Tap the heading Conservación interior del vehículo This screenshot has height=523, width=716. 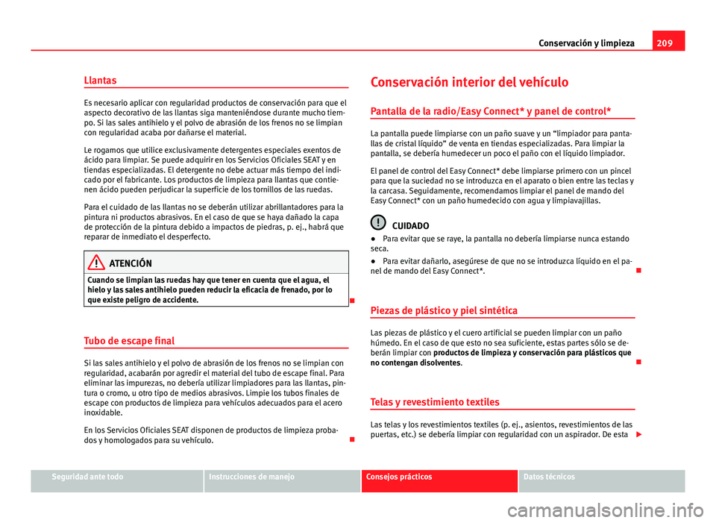pos(470,82)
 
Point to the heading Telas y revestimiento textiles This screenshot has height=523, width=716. pos(435,402)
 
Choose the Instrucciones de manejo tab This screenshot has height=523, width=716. pos(252,476)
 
